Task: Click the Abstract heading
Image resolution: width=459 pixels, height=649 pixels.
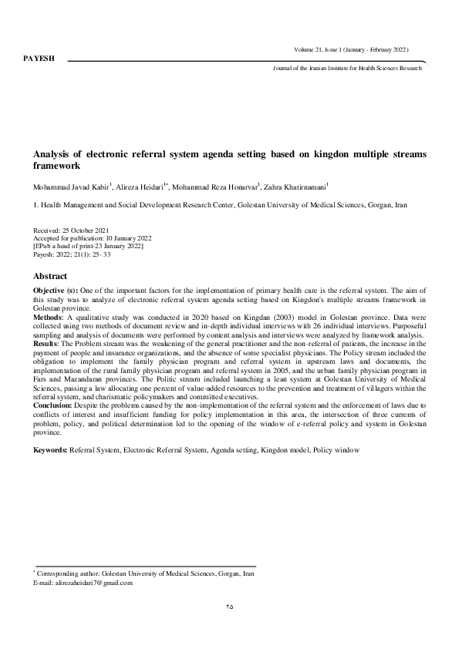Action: (x=51, y=276)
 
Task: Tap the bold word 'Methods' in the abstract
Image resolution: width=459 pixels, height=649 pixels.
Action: (x=48, y=316)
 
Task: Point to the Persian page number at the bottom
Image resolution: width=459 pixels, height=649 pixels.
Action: (x=229, y=606)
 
